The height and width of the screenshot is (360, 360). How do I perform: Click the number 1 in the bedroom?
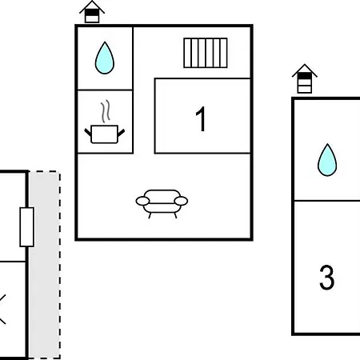pos(201,119)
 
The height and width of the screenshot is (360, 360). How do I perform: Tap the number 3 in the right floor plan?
pos(326,278)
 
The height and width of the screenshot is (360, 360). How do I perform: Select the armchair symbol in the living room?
pos(162,204)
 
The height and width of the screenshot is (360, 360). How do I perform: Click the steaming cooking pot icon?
pos(105,122)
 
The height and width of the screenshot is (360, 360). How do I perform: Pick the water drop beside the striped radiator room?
pos(105,58)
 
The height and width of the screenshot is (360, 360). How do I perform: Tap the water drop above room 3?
pos(327,160)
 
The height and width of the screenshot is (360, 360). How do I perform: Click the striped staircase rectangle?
pos(206,53)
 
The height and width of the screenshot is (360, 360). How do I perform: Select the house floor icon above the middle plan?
pos(92,12)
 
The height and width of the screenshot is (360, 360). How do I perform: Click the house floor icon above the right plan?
pos(305,78)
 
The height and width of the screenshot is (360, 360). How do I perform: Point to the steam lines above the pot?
pos(106,111)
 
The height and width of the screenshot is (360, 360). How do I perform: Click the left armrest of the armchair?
pos(142,201)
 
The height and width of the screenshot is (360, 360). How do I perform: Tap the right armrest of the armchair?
pos(181,201)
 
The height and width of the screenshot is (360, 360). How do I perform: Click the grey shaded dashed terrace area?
pos(44,265)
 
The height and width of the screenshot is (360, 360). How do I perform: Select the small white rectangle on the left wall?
pos(27,227)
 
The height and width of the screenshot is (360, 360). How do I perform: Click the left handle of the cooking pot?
pos(88,132)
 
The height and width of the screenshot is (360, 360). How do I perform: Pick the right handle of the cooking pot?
pos(121,133)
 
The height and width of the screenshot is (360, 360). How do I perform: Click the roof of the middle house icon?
pos(92,6)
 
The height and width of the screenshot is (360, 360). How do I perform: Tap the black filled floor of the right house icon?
pos(305,76)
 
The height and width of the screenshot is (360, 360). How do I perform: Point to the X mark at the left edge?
pos(2,310)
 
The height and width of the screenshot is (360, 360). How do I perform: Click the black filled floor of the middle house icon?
pos(92,13)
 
